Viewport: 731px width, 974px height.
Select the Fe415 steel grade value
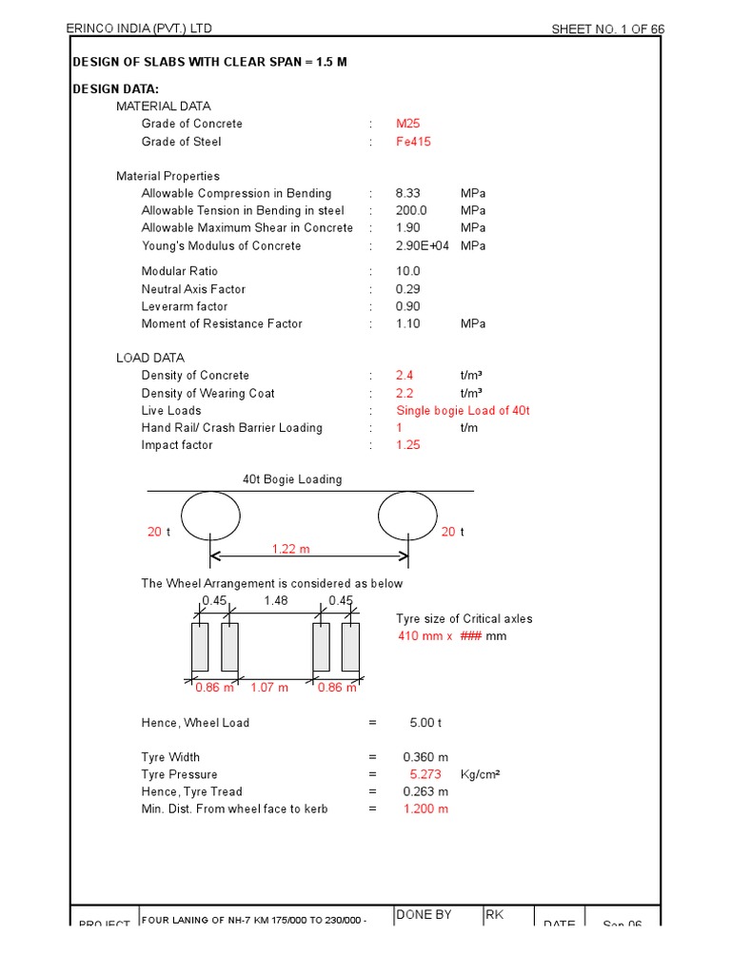pos(413,142)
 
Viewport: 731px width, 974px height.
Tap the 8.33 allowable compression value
pos(407,193)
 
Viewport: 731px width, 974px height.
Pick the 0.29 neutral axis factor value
pos(406,289)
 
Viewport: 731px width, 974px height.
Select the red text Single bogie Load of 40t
pos(462,411)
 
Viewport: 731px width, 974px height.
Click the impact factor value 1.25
pos(407,445)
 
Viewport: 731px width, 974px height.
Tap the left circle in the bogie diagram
pos(210,515)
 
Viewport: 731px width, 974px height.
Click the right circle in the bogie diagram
pos(407,515)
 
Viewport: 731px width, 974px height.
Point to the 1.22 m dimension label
pos(290,549)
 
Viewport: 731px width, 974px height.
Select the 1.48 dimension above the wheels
pos(276,600)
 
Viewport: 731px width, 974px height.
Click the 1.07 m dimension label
pos(268,687)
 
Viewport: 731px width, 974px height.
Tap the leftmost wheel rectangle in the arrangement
pos(200,647)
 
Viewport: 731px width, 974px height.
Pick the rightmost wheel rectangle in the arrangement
pos(350,647)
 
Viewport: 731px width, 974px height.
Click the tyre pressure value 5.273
pos(425,774)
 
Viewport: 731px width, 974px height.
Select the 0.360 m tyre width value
pos(425,757)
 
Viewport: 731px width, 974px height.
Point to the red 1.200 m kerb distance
pos(425,808)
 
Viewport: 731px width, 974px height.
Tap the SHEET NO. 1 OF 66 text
pos(608,29)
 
